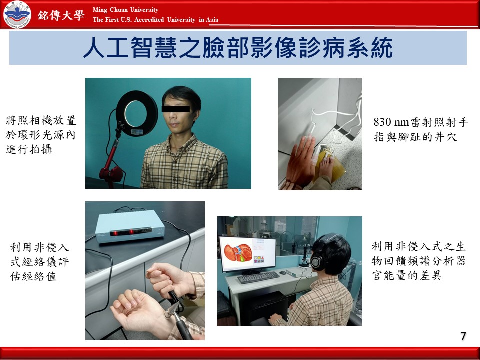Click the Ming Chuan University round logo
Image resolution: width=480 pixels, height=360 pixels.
(17, 14)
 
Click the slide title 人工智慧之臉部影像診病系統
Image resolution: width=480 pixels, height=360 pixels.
(238, 48)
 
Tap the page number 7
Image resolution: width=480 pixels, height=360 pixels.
(463, 336)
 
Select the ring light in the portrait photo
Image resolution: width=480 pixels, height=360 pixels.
(137, 113)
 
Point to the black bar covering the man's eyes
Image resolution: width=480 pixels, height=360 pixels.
(175, 108)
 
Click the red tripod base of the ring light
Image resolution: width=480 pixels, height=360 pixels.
(111, 174)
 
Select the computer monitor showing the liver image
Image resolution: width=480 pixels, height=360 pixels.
(247, 254)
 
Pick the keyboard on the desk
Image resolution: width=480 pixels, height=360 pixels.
(258, 277)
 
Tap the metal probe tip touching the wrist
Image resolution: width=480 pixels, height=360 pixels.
(169, 311)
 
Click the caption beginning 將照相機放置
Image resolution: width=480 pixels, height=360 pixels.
(40, 135)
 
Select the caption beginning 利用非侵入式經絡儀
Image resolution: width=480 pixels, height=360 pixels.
(40, 261)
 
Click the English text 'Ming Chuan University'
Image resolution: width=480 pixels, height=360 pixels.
(125, 10)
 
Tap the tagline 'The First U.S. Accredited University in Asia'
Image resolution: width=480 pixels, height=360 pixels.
(155, 20)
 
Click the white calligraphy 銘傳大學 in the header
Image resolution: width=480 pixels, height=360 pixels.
(61, 15)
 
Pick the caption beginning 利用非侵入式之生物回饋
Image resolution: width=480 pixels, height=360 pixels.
(418, 261)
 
